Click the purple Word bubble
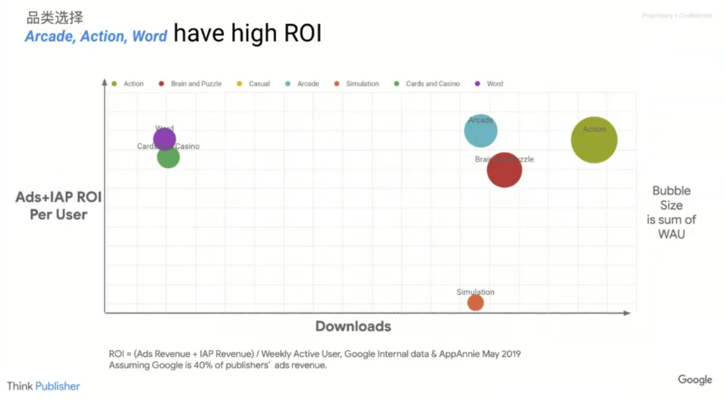165,139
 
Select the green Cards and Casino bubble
168,157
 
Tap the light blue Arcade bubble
481,131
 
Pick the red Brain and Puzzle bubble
504,170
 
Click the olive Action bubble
594,140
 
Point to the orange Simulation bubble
475,303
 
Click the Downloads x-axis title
353,326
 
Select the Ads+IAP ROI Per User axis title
58,206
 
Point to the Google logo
695,380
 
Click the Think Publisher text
43,386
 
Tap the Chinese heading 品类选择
55,18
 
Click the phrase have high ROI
247,34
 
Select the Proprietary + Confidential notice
676,16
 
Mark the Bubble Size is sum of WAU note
671,212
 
